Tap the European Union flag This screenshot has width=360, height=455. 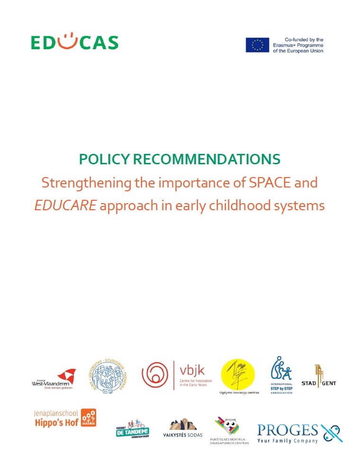257,45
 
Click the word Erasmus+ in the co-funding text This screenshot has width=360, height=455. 286,45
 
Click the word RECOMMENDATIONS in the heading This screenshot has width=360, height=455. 207,160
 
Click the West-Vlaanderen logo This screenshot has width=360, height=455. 54,379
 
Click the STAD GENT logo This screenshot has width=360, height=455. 325,376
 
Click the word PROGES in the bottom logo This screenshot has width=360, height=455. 287,430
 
